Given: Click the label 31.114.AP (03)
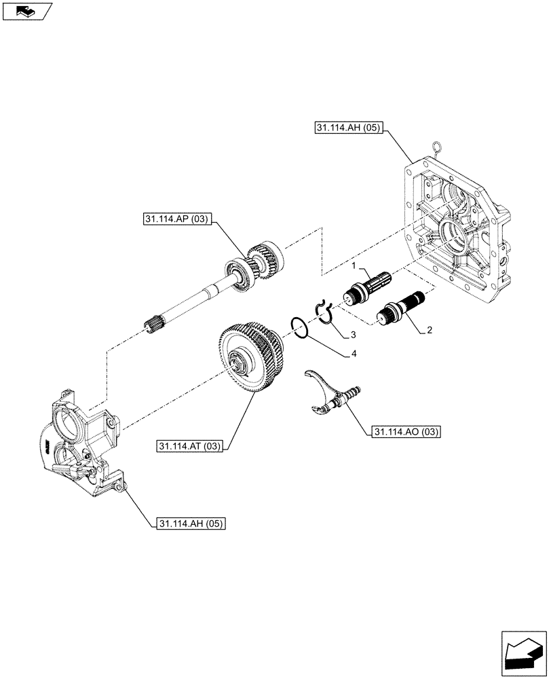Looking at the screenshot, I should click(x=178, y=219).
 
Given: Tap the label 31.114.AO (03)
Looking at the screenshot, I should click(x=406, y=432).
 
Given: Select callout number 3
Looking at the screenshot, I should click(x=354, y=335).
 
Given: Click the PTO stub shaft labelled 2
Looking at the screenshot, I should click(x=401, y=305).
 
